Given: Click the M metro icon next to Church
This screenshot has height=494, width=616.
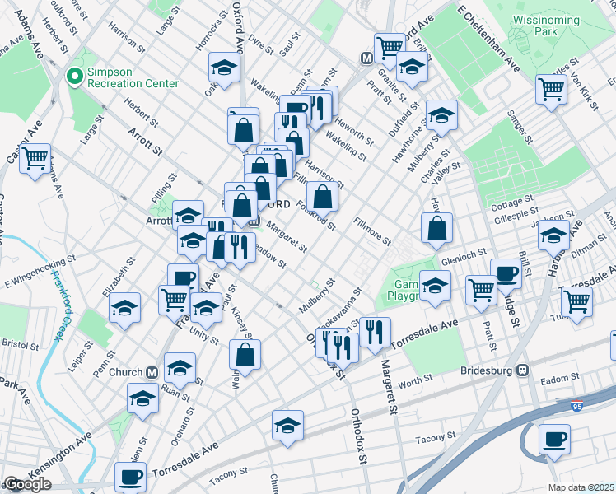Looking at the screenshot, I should pos(152,372).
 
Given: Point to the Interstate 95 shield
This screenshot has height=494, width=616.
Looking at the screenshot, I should pos(582,406).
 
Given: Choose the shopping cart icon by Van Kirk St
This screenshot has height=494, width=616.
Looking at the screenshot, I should pos(551,88).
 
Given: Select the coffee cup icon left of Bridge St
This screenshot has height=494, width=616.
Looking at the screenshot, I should pos(506,273).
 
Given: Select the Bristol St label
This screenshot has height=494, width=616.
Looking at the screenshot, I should pos(15,341).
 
